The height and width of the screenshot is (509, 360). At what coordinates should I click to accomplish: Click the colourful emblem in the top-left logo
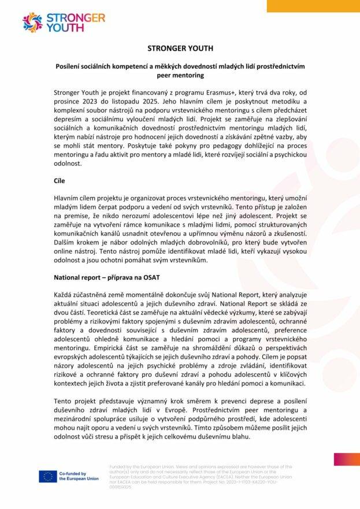(32, 22)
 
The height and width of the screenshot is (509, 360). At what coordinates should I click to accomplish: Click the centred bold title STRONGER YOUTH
(180, 48)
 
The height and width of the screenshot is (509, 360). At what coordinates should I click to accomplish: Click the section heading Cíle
(60, 181)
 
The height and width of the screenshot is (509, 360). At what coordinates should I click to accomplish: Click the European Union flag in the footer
(47, 476)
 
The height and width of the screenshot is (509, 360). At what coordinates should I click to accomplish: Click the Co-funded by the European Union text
(72, 476)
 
